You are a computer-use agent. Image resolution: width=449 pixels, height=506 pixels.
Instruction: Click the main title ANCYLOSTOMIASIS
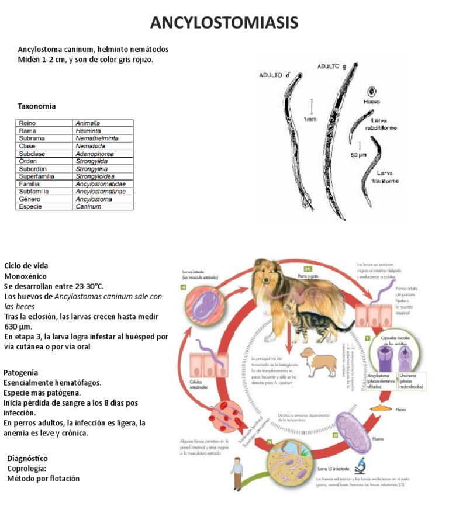[224, 23]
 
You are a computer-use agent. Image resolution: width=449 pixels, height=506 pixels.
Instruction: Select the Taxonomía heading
[37, 106]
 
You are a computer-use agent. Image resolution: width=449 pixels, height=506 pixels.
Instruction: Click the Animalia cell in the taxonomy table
[88, 123]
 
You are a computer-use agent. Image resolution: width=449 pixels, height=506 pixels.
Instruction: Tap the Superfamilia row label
[37, 176]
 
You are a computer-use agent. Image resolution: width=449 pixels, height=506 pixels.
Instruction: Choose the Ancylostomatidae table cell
[101, 183]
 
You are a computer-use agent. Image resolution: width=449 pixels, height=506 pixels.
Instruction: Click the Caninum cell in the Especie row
[88, 206]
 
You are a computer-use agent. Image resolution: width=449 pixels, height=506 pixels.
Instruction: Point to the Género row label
[30, 199]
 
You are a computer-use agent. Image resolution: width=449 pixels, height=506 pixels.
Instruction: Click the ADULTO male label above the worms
[275, 75]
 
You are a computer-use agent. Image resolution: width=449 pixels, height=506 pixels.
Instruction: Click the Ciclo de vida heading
[26, 265]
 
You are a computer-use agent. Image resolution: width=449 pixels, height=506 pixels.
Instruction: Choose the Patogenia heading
[21, 372]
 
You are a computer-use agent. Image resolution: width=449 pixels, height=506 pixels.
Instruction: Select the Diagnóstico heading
[27, 458]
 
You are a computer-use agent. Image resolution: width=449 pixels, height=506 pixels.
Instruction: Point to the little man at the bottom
[237, 472]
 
